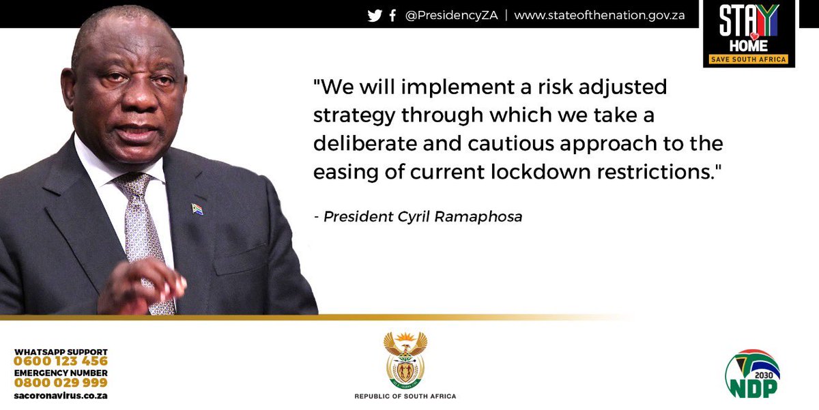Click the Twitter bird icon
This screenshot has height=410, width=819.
tap(375, 16)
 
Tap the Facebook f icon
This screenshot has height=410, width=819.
tap(392, 16)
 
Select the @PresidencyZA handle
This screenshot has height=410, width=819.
tap(450, 16)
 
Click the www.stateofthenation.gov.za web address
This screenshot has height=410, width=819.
tap(599, 16)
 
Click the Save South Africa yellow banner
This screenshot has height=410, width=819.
tap(749, 59)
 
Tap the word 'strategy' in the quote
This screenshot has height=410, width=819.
tap(354, 116)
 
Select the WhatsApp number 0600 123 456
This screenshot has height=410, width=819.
tap(61, 362)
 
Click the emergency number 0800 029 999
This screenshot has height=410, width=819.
tap(61, 383)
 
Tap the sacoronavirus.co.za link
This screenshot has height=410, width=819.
tap(61, 395)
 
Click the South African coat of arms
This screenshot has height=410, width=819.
tap(405, 360)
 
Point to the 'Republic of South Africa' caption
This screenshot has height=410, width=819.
tap(405, 396)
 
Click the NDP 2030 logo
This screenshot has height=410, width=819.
tap(752, 375)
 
